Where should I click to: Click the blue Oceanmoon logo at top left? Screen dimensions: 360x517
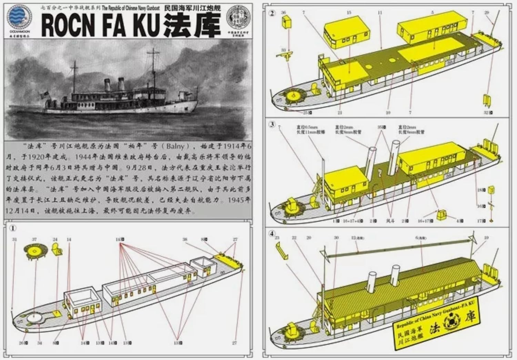(19, 18)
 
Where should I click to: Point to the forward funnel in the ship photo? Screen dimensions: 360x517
(107, 85)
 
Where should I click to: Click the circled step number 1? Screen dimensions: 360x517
(12, 228)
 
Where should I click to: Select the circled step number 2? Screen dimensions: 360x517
(272, 13)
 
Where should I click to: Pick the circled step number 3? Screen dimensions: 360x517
(272, 124)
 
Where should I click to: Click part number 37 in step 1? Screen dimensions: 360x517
(34, 239)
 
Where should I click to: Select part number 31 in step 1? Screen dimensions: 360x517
(14, 239)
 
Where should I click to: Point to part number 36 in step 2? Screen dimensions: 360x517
(283, 13)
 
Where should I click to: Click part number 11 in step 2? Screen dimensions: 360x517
(380, 13)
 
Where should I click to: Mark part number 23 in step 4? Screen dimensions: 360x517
(277, 238)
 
